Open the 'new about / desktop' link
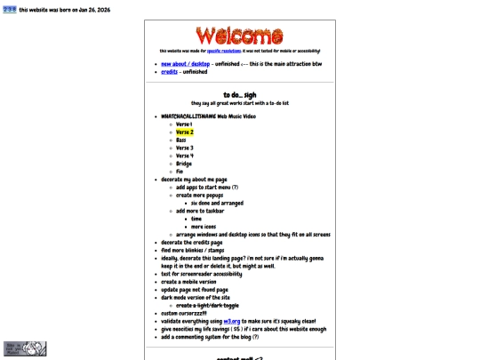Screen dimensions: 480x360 coord(185,64)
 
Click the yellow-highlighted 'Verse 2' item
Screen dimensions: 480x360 coord(184,132)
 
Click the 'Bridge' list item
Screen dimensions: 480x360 coord(183,164)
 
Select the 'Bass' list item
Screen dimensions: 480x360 coord(180,140)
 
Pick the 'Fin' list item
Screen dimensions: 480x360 coord(179,172)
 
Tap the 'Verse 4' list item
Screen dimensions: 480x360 coord(184,156)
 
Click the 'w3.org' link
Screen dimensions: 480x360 coord(231,321)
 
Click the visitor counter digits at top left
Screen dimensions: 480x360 coord(10,10)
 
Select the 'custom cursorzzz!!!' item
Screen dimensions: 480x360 coord(183,313)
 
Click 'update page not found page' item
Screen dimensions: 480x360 coord(195,290)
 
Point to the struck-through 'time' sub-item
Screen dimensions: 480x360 coord(196,219)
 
